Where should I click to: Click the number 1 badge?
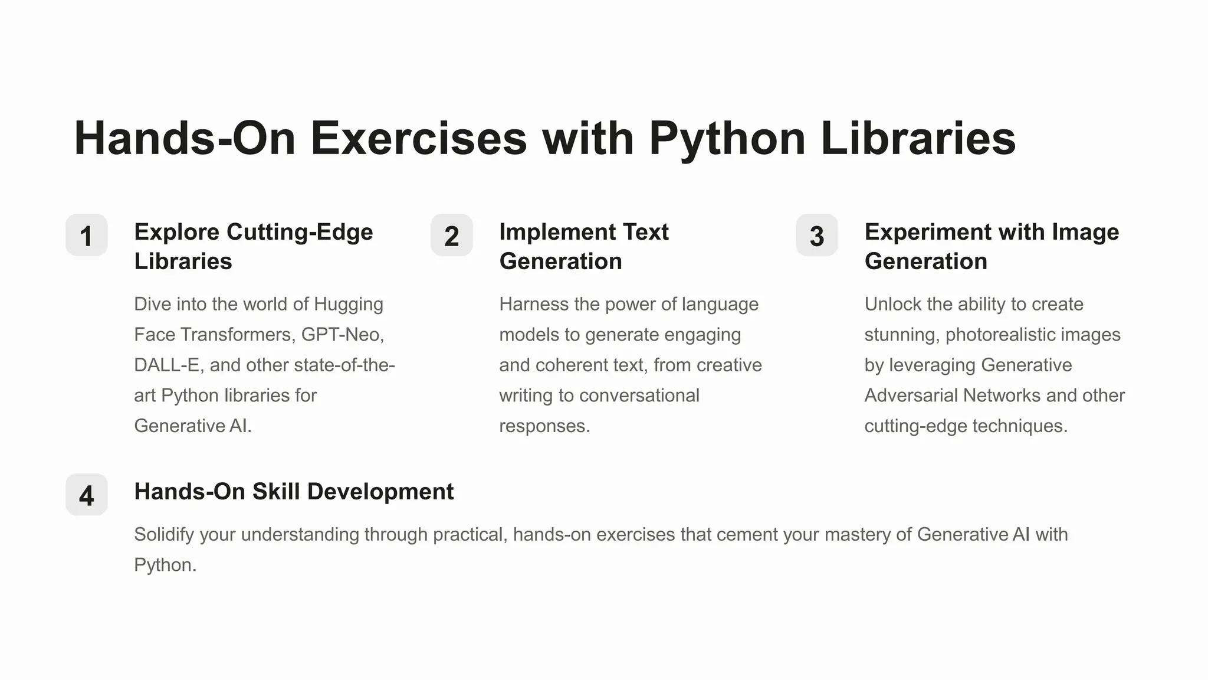pos(86,236)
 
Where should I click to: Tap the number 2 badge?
pos(451,236)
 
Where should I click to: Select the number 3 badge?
pos(816,236)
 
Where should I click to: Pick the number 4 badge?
pos(86,495)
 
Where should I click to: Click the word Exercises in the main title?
pos(418,139)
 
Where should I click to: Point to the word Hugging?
pos(348,304)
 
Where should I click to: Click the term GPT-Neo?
pos(342,335)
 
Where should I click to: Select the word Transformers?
pos(238,335)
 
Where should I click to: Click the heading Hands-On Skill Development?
pos(294,492)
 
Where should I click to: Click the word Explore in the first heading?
pos(177,232)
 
